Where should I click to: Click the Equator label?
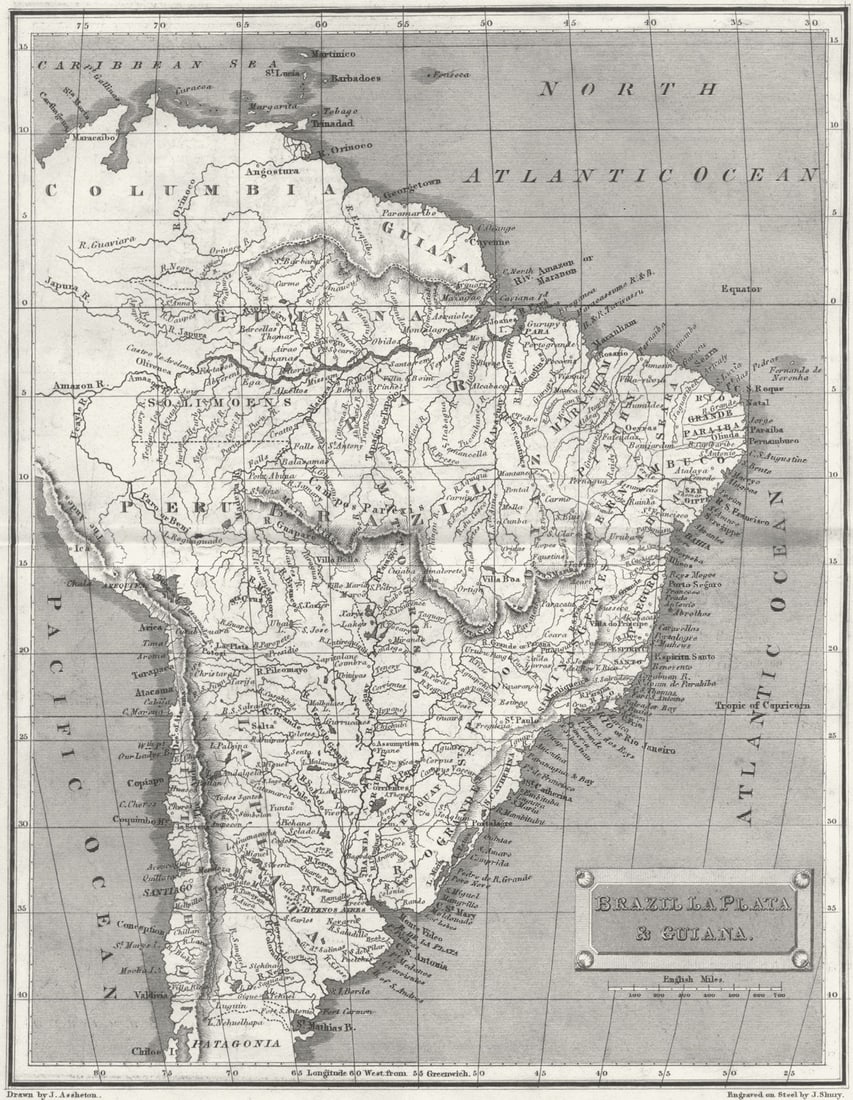(741, 289)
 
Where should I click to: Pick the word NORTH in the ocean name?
(628, 89)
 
